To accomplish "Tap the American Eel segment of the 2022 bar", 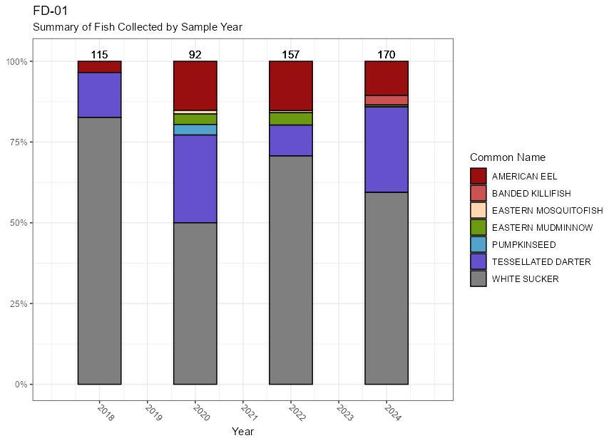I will click(x=290, y=85).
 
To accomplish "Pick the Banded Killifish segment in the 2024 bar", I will click(x=386, y=100).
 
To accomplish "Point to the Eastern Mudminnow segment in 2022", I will click(x=290, y=119).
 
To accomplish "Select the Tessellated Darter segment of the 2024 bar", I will click(x=386, y=150).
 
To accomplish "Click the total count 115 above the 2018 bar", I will click(x=99, y=55).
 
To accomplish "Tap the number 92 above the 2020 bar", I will click(x=195, y=55).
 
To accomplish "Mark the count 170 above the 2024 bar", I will click(x=386, y=55).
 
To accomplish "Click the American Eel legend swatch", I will click(x=479, y=176).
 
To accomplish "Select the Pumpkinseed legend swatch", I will click(x=479, y=245).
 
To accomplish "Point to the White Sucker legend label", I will click(x=525, y=279).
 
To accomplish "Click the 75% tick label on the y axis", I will click(x=17, y=142).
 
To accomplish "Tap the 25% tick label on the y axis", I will click(x=17, y=304).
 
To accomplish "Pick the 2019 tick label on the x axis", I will click(x=153, y=412).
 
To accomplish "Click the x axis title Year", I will click(x=242, y=431).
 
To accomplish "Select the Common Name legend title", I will click(x=506, y=157).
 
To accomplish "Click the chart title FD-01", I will click(x=51, y=11).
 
